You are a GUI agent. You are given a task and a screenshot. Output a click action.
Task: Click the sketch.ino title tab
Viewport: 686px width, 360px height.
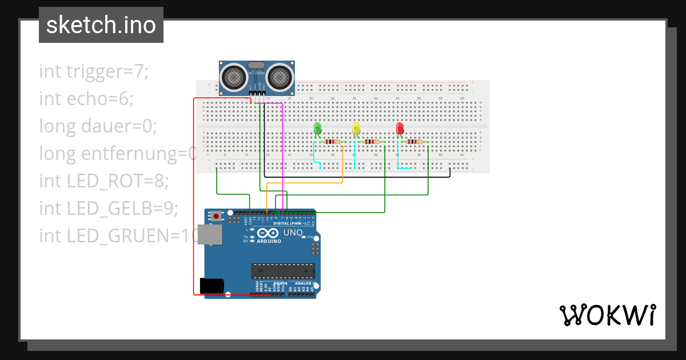click(101, 25)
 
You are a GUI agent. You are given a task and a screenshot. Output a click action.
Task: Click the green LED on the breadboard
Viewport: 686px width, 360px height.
click(318, 128)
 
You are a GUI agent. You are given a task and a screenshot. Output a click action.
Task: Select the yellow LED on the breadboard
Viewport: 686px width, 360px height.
click(356, 128)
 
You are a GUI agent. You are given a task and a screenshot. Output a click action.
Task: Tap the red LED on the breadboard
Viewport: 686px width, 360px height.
click(400, 128)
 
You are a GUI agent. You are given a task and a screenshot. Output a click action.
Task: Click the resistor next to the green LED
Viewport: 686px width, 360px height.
click(332, 142)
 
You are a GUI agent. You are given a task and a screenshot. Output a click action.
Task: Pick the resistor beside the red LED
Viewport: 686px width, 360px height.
click(415, 142)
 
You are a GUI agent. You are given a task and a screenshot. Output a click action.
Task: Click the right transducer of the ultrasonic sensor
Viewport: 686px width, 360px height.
click(280, 76)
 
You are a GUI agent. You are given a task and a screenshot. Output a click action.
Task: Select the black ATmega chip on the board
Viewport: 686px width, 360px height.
click(283, 271)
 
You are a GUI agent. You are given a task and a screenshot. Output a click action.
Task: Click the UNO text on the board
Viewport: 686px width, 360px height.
click(293, 233)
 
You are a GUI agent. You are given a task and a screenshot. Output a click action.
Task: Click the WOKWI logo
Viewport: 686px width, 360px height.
click(607, 315)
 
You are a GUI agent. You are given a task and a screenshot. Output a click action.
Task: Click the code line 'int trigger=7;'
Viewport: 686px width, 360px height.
click(94, 71)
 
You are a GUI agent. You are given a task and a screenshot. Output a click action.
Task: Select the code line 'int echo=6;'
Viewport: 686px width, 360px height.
click(86, 99)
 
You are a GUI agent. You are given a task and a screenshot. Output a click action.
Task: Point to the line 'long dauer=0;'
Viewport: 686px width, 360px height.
click(98, 126)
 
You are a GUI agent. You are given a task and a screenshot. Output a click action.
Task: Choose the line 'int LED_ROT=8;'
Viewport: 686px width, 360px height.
click(104, 181)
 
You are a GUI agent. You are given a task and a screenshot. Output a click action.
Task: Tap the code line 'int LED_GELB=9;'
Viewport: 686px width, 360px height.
click(109, 209)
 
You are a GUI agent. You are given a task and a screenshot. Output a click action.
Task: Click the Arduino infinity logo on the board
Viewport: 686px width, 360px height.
click(269, 234)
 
